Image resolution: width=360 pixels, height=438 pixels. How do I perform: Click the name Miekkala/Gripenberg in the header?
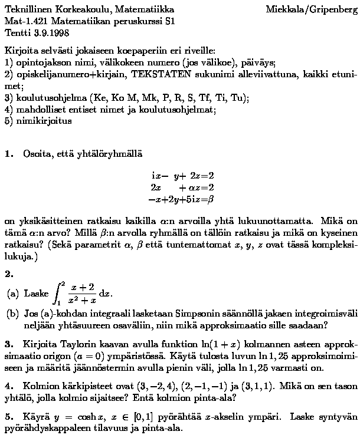coord(311,9)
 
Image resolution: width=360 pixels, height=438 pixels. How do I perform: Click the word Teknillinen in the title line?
coord(28,9)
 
